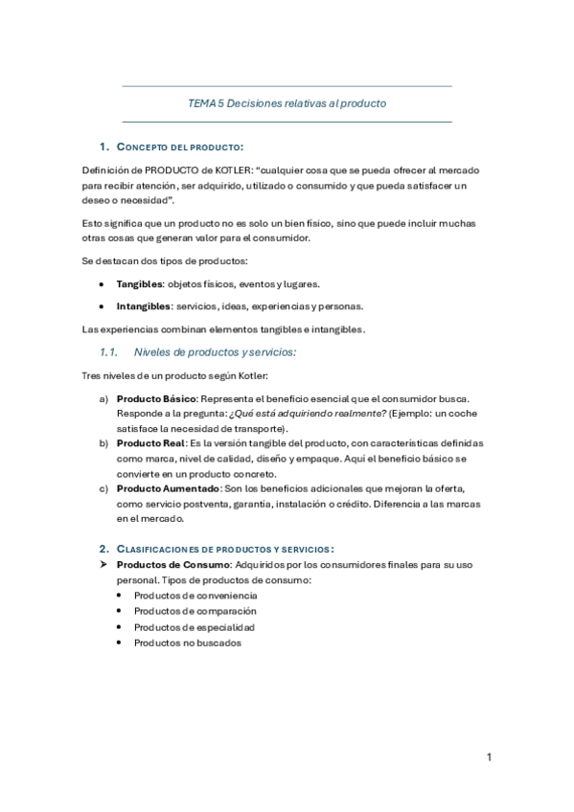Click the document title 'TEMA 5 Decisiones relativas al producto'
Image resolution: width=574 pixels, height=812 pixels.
(x=287, y=103)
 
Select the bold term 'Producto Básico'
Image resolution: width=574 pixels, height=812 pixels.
(x=155, y=396)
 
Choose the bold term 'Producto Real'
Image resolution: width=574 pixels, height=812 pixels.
(x=148, y=443)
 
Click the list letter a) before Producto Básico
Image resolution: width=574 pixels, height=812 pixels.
(x=104, y=396)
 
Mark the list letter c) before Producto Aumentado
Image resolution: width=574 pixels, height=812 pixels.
(x=104, y=488)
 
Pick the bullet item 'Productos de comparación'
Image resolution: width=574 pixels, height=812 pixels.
(x=195, y=611)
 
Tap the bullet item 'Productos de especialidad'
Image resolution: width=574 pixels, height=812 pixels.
(x=194, y=627)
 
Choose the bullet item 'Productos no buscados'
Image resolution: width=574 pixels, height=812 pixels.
(x=188, y=643)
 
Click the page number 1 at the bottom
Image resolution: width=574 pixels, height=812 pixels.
(x=489, y=757)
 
